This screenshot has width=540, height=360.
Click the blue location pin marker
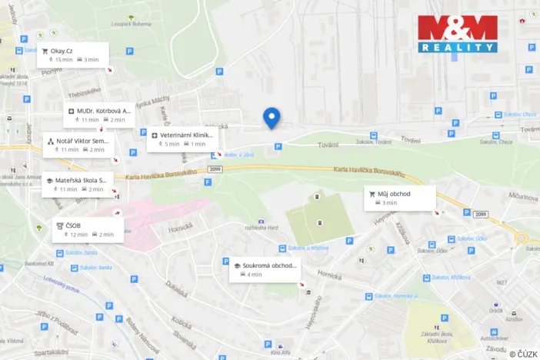point(271,117)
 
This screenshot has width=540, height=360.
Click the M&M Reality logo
point(457,34)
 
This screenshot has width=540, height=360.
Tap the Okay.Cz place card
point(75,55)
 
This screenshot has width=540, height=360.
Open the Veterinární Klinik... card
point(182,138)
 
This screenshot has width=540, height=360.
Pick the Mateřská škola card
point(79,184)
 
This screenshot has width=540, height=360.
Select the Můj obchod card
point(399,198)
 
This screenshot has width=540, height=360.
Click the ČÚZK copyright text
point(523,353)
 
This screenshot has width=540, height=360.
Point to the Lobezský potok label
point(62,285)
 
